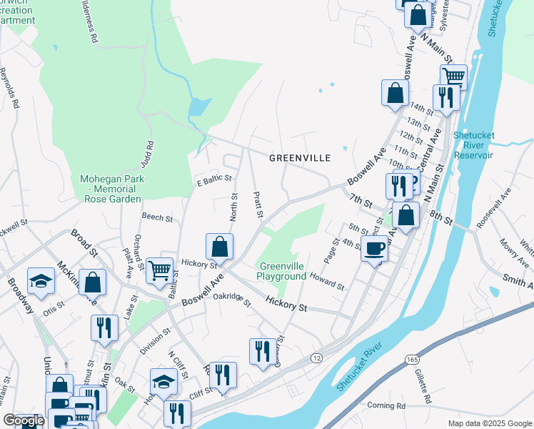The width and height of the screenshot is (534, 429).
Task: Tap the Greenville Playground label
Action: (282, 271)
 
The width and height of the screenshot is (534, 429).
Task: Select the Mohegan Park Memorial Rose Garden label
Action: (113, 189)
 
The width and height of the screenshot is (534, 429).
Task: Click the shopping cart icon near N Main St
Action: (453, 77)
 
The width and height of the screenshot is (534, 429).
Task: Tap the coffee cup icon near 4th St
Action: (375, 249)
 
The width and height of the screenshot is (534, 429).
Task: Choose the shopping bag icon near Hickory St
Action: (220, 246)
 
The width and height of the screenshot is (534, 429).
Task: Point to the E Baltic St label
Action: (214, 177)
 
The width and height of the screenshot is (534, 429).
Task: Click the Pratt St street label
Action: (258, 205)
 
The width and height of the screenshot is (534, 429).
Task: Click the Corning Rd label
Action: (386, 405)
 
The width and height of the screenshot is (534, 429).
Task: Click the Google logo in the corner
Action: (24, 420)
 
